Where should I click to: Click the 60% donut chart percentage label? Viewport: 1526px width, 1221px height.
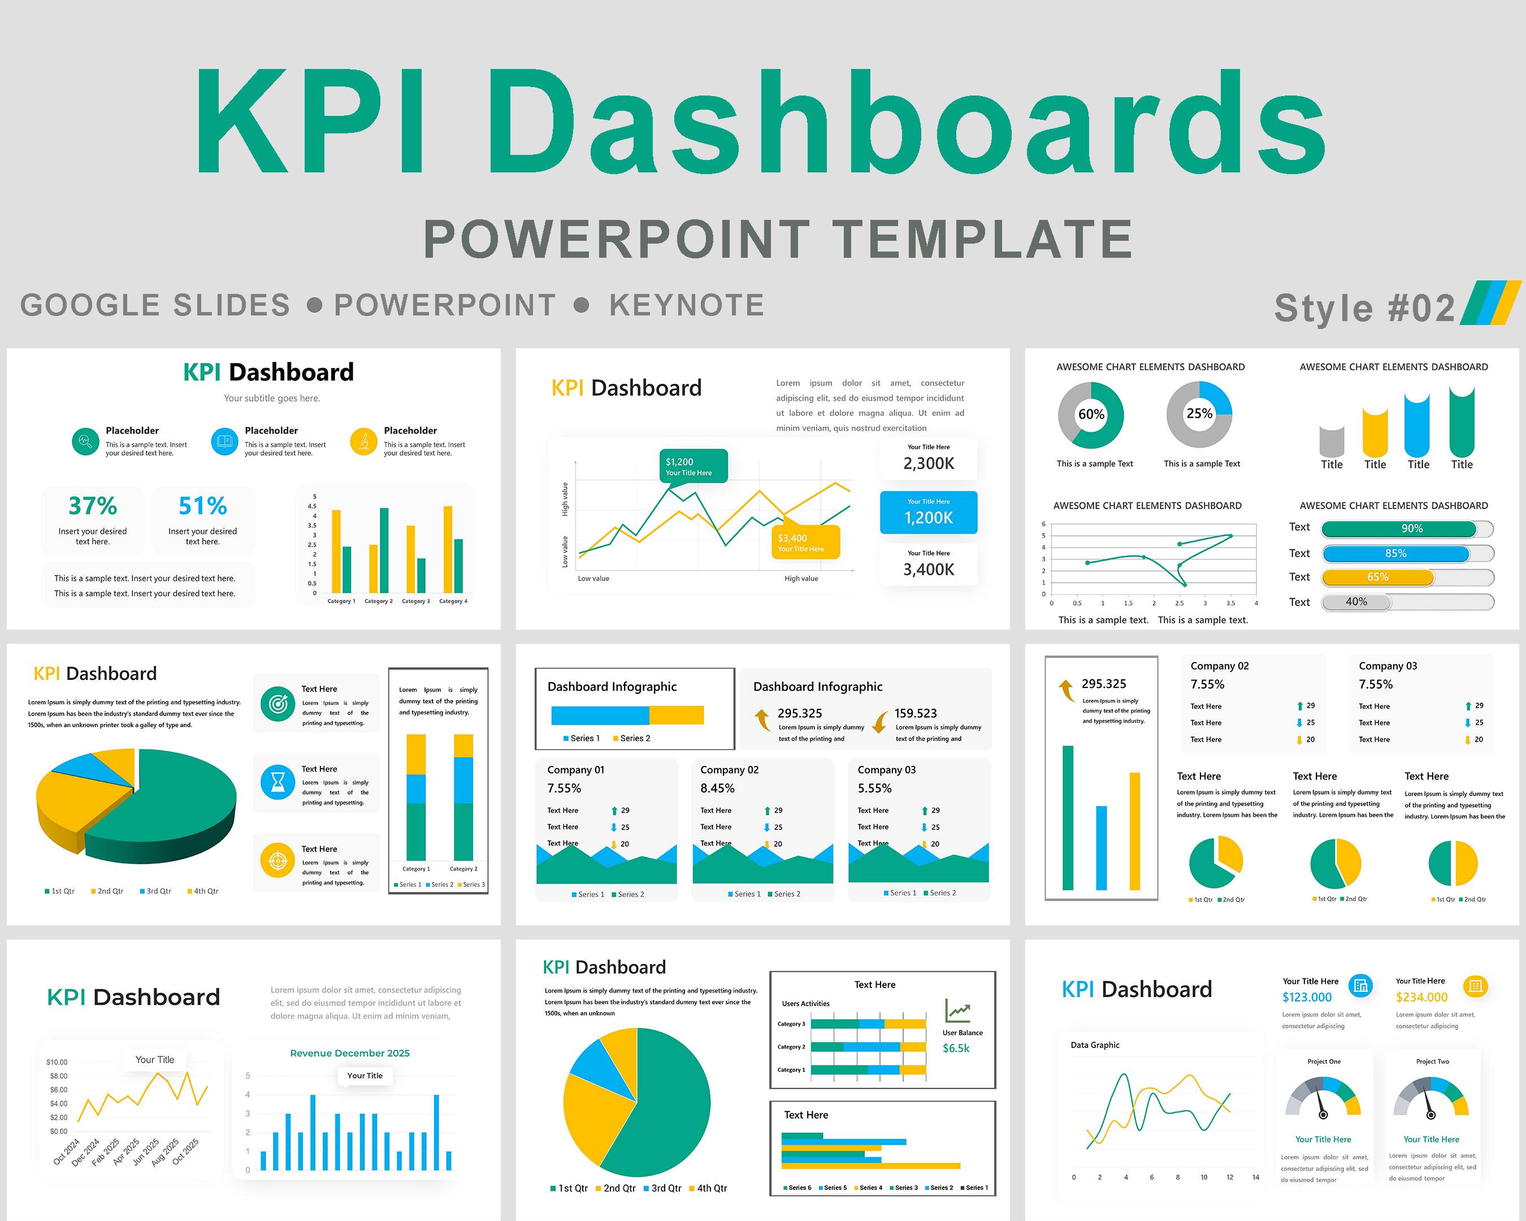(x=1091, y=414)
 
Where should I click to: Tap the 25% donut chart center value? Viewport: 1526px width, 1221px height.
(x=1199, y=413)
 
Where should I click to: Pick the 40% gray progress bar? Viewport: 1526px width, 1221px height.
(x=1356, y=601)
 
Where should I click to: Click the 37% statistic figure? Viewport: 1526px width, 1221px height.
(x=93, y=506)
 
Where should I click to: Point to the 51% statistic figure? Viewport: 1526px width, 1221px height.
(x=202, y=506)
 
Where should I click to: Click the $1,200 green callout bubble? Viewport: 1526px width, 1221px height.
(x=692, y=466)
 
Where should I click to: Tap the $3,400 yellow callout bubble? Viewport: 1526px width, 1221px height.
(x=805, y=542)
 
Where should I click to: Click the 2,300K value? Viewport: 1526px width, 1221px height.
(x=928, y=464)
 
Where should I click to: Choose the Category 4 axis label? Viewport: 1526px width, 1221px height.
(x=453, y=601)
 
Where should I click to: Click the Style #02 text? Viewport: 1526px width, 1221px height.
(x=1364, y=308)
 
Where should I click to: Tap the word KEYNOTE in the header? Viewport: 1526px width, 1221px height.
(x=687, y=305)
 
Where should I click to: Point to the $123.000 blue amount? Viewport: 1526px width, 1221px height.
(x=1307, y=997)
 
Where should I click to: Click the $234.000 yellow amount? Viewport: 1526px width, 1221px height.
(x=1421, y=997)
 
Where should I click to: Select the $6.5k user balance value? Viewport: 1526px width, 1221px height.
(x=956, y=1048)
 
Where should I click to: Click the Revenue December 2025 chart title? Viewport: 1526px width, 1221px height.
(x=350, y=1053)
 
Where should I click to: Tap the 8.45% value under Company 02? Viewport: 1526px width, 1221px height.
(x=717, y=789)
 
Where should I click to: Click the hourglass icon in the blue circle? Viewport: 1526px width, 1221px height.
(x=278, y=782)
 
